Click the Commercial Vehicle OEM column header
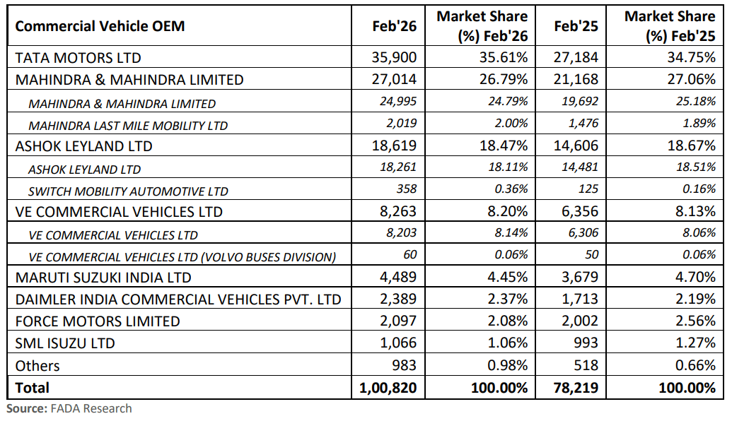tap(100, 26)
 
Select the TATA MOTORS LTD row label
tap(78, 57)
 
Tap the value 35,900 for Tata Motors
tap(395, 57)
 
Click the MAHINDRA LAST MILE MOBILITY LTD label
tap(128, 126)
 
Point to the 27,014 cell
tap(395, 79)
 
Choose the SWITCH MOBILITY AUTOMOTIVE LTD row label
tap(128, 191)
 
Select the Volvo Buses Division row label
tap(182, 256)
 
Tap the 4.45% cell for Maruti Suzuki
tap(504, 278)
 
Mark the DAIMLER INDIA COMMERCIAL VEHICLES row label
tap(178, 300)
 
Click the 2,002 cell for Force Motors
tap(576, 321)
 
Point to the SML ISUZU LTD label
tap(64, 343)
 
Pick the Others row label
tap(37, 366)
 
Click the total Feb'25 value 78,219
tap(576, 388)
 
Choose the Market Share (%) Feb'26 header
tap(482, 26)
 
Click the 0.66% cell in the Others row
tap(696, 366)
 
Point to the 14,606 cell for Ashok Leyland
tap(576, 146)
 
